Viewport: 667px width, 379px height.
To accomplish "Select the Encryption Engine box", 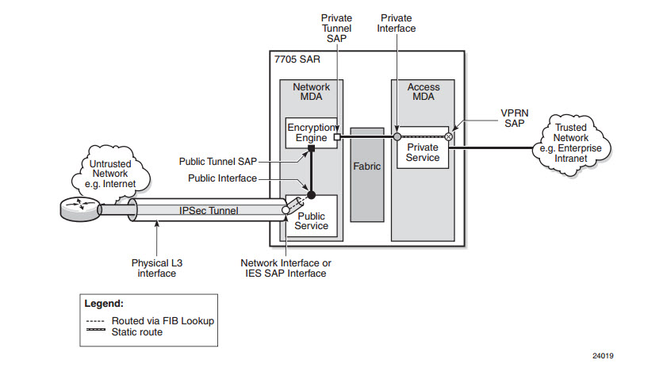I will click(311, 132).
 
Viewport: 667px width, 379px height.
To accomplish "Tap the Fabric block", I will click(367, 167).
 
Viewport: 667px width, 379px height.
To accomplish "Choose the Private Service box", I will click(423, 152).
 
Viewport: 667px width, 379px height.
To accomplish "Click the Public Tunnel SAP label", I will click(217, 161).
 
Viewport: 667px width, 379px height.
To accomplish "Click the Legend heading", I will click(104, 303).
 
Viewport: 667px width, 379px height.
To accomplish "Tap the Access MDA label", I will click(423, 92).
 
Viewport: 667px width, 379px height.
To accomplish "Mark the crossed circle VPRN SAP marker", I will click(448, 137).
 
